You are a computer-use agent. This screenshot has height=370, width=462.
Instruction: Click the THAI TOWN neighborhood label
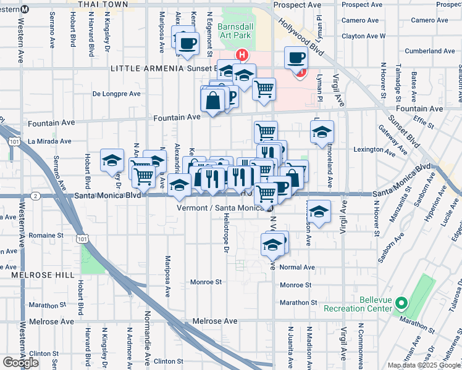[103, 4]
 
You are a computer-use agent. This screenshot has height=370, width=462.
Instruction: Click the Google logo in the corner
[20, 363]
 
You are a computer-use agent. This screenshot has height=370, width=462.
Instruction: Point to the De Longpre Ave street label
[116, 94]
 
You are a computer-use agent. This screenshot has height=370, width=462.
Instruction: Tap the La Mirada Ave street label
[50, 141]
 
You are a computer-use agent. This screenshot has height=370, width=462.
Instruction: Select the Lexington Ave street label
[374, 149]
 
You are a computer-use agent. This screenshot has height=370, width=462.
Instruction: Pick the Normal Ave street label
[297, 268]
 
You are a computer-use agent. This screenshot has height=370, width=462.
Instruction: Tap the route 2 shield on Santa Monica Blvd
[36, 196]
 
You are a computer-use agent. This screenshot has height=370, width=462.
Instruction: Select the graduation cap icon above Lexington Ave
[321, 131]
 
